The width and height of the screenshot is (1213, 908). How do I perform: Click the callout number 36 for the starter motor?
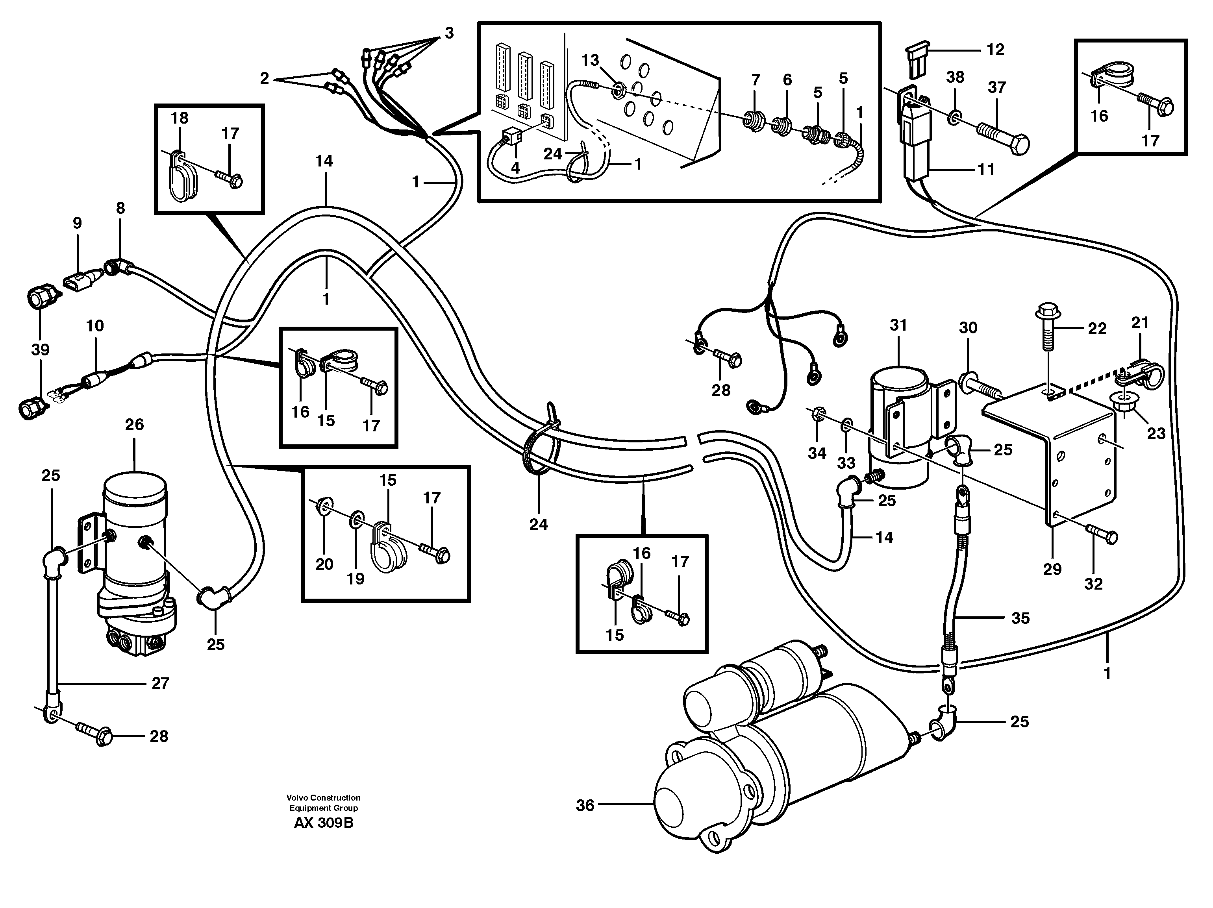click(x=585, y=805)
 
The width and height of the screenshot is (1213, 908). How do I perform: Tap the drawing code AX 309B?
click(x=324, y=823)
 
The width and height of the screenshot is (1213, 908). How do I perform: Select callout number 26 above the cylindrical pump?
click(x=134, y=424)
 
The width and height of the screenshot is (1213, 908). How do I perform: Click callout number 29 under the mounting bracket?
click(x=1052, y=569)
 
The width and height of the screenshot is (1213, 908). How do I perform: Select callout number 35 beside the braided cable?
click(x=1020, y=618)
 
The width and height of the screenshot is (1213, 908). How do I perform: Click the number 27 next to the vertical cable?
click(x=160, y=683)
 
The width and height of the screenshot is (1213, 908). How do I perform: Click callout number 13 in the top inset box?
click(x=590, y=60)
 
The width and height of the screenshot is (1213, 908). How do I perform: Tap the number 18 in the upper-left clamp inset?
click(x=179, y=118)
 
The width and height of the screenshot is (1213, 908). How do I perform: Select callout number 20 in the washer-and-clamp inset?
click(x=324, y=564)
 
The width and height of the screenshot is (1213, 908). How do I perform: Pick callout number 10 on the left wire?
click(x=95, y=326)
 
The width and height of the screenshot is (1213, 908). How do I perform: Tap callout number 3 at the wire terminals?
click(x=449, y=33)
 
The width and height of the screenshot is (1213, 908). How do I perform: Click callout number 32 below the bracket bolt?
click(x=1093, y=584)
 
